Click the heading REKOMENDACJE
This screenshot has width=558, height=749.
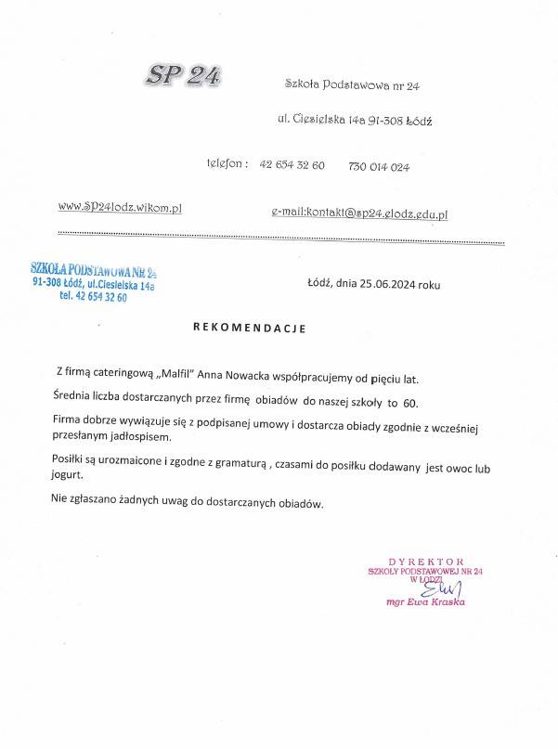click(249, 329)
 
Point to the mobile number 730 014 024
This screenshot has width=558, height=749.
click(379, 167)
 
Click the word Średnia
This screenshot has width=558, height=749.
click(76, 397)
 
